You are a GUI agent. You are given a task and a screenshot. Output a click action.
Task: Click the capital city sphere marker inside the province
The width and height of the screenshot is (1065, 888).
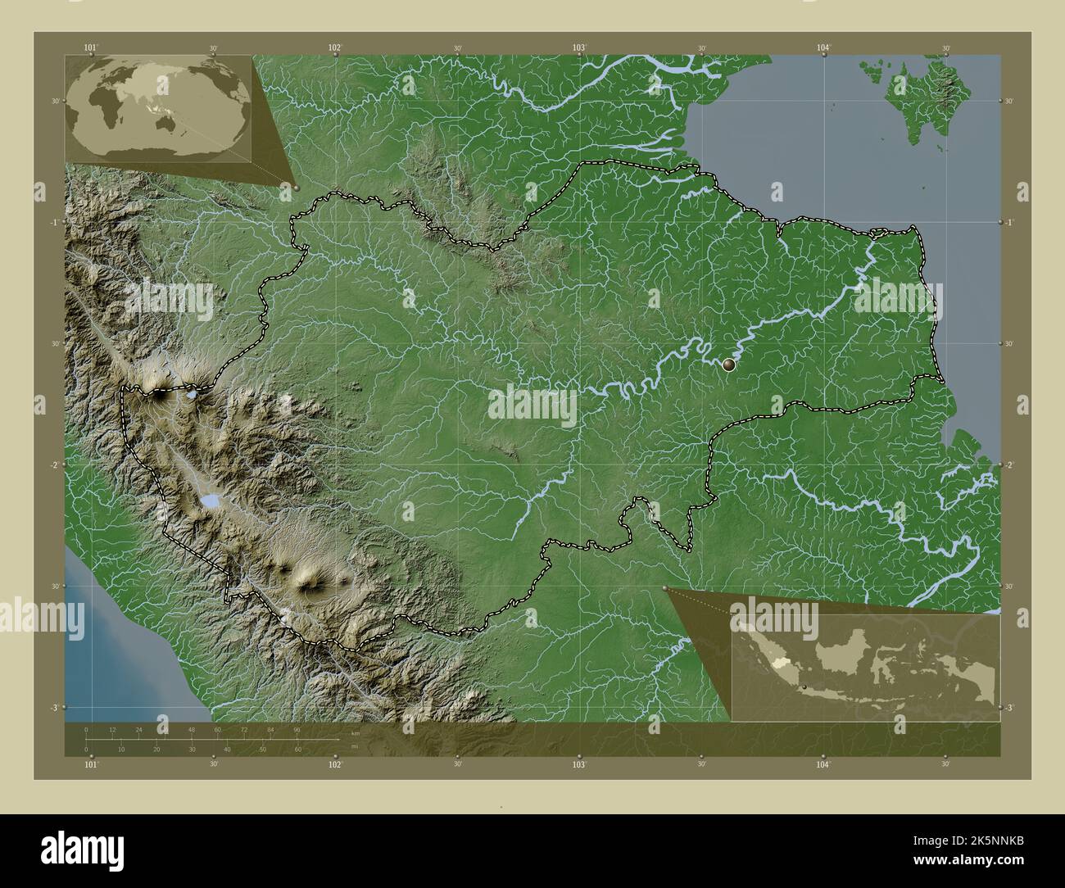pyautogui.click(x=729, y=365)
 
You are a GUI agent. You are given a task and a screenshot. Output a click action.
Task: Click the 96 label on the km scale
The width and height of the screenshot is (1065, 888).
pyautogui.click(x=296, y=729)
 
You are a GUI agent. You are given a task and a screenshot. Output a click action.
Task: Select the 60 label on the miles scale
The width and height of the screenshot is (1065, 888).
pyautogui.click(x=297, y=749)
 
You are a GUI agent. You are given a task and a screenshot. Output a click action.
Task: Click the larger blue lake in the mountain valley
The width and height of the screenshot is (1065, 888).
pyautogui.click(x=211, y=499)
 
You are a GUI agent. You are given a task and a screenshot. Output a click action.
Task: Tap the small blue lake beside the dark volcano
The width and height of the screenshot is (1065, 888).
pyautogui.click(x=191, y=395)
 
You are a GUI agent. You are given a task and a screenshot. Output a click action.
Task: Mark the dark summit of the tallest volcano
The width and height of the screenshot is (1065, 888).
pyautogui.click(x=158, y=394)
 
